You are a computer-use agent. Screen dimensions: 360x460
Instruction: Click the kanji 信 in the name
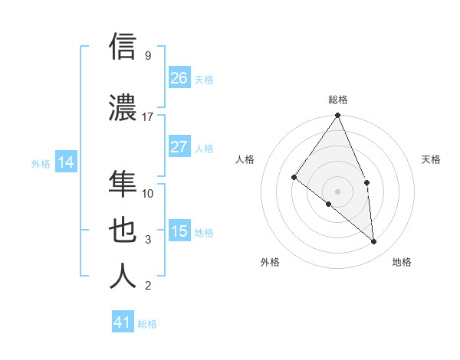pyautogui.click(x=123, y=46)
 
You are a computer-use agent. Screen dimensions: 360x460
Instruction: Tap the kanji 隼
pyautogui.click(x=123, y=184)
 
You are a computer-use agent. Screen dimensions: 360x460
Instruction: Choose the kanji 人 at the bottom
pyautogui.click(x=123, y=276)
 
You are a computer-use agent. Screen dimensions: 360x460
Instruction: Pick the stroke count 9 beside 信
pyautogui.click(x=148, y=56)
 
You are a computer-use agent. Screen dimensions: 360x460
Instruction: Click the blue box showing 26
pyautogui.click(x=179, y=78)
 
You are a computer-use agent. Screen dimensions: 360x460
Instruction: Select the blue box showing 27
pyautogui.click(x=179, y=147)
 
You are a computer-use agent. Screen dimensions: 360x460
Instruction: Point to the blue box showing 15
pyautogui.click(x=179, y=231)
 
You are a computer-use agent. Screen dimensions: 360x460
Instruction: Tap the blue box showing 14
pyautogui.click(x=66, y=162)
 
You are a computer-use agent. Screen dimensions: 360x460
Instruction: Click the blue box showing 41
pyautogui.click(x=123, y=322)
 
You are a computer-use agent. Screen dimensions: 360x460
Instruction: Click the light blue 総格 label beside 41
pyautogui.click(x=147, y=324)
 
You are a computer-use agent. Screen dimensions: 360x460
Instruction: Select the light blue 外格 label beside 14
pyautogui.click(x=41, y=163)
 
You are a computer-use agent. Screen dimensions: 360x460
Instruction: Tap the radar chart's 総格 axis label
pyautogui.click(x=337, y=100)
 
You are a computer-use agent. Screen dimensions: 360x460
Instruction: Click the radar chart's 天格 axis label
pyautogui.click(x=432, y=159)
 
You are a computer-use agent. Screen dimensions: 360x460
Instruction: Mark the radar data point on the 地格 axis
pyautogui.click(x=374, y=241)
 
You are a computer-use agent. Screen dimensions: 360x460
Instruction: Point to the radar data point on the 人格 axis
pyautogui.click(x=294, y=177)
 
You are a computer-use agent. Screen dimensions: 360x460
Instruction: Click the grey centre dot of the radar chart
pyautogui.click(x=337, y=191)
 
